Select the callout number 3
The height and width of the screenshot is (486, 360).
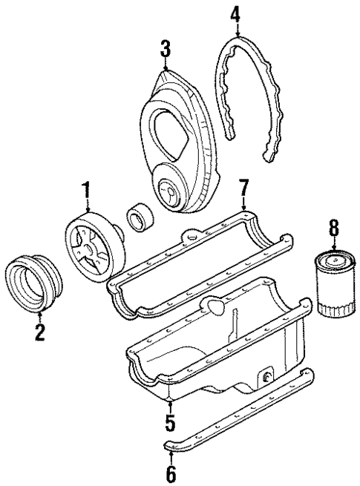(x=165, y=50)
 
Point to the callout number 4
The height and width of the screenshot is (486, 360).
(x=235, y=13)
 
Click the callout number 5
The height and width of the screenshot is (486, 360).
(x=171, y=423)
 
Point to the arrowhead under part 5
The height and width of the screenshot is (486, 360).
(x=171, y=402)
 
